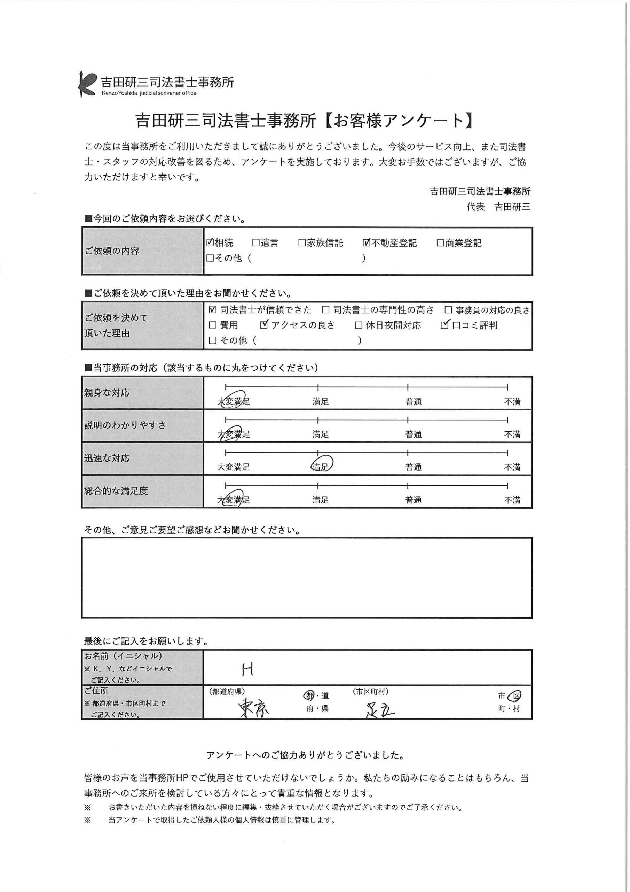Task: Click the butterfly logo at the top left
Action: tap(87, 84)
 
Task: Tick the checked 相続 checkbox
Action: tap(210, 243)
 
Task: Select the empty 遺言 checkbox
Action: tap(255, 243)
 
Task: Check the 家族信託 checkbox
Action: tap(302, 243)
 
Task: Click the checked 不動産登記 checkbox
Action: tap(366, 243)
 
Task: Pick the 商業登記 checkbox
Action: tap(440, 243)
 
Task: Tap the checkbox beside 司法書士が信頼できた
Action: tap(212, 310)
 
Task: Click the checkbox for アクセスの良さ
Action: tap(264, 325)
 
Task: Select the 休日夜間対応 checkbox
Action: tap(358, 325)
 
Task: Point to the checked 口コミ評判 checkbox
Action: tap(444, 325)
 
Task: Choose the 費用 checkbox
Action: tap(212, 325)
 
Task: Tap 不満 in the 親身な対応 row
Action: tap(512, 401)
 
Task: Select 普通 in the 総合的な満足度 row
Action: tap(414, 500)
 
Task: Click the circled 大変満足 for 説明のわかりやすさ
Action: tap(233, 433)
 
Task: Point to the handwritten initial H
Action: tap(247, 669)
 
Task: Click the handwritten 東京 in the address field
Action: tap(253, 707)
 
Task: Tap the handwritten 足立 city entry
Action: tap(380, 710)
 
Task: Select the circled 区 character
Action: tap(515, 696)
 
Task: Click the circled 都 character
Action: tap(309, 695)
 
